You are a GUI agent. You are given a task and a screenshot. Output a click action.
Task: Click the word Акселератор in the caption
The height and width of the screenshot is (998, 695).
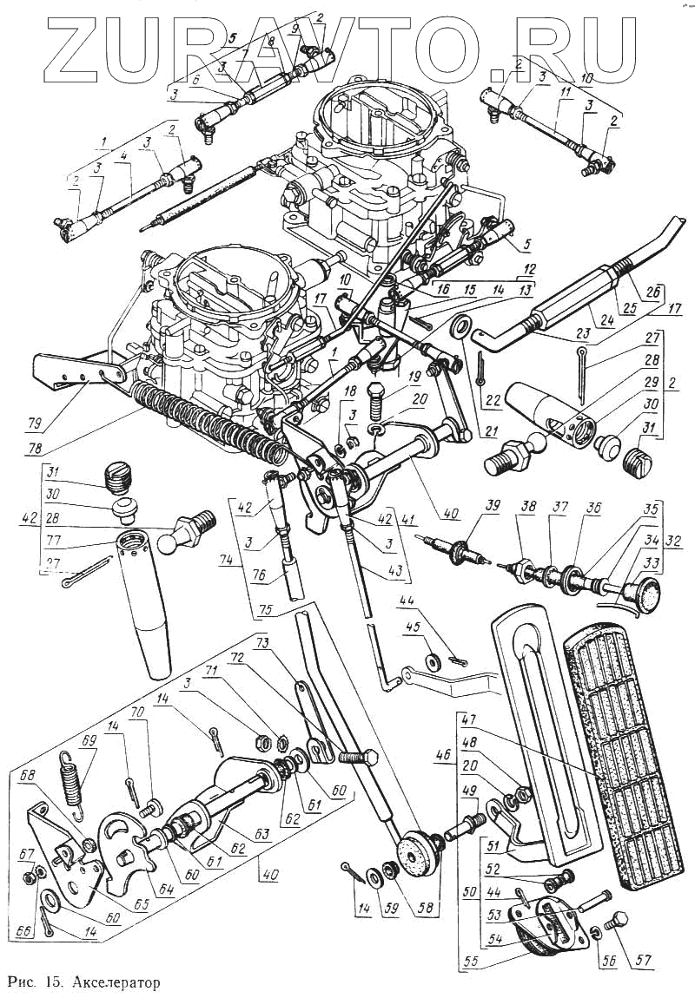(114, 982)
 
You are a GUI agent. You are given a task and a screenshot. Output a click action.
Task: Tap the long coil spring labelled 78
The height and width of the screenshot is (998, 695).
(208, 417)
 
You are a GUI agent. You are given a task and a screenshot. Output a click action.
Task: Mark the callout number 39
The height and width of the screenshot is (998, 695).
(494, 507)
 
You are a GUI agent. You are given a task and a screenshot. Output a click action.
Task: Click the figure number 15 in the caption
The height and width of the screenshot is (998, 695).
(52, 982)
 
